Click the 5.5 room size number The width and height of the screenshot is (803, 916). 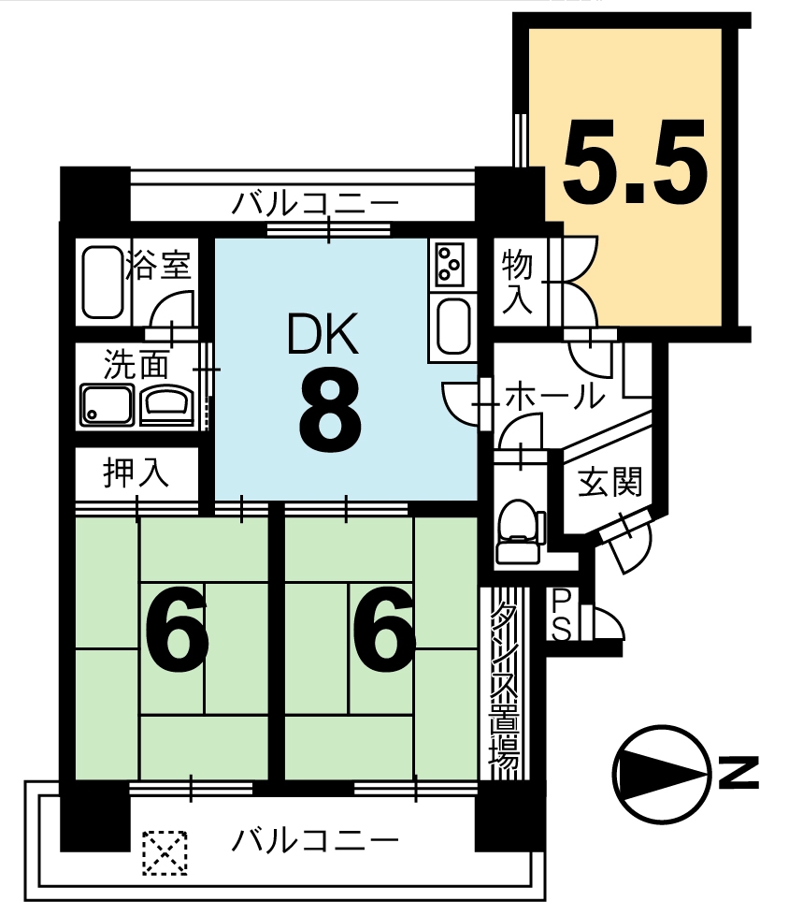click(x=636, y=162)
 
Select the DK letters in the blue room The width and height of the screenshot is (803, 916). click(x=323, y=334)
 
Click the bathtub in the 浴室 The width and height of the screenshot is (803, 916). click(x=103, y=282)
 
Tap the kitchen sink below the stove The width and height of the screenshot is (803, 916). click(x=452, y=327)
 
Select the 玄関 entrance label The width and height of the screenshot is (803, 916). click(x=609, y=482)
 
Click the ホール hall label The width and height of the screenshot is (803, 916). click(x=554, y=396)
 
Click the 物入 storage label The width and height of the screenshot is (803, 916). click(x=517, y=281)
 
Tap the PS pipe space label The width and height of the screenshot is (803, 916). click(x=561, y=614)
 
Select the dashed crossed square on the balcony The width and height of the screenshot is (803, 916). click(x=165, y=853)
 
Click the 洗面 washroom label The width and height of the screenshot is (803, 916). click(x=136, y=365)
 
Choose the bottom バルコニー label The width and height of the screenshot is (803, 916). click(x=315, y=841)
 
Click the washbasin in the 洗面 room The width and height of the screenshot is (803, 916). click(x=168, y=403)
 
